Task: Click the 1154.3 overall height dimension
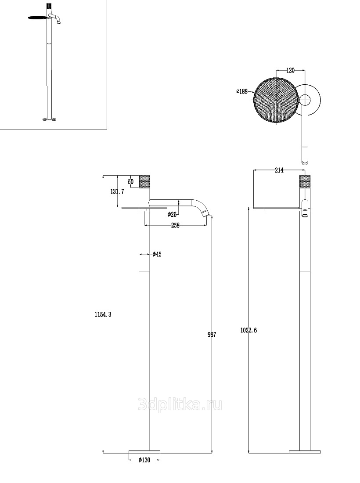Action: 103,314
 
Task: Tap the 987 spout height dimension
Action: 212,334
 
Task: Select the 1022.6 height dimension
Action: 248,330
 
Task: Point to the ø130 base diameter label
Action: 144,460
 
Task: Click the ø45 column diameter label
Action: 157,254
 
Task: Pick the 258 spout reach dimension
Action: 175,226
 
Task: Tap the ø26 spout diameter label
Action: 172,214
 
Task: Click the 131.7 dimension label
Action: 117,191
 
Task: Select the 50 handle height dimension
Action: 131,182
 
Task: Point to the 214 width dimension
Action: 279,170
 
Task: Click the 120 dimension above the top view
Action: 290,70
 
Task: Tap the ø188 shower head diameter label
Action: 242,91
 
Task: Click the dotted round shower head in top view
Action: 276,99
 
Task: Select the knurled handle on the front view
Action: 144,181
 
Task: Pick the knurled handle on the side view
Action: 305,181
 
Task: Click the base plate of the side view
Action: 305,452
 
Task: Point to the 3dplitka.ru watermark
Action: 180,404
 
